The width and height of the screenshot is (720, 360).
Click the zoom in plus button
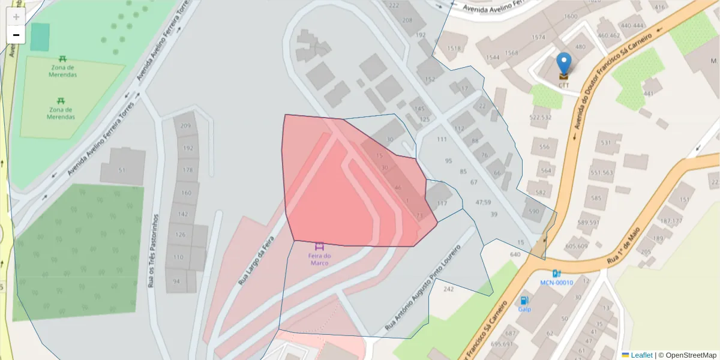[x=16, y=16]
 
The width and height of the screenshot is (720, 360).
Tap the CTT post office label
[x=563, y=85]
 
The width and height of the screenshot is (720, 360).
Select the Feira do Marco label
[x=319, y=259]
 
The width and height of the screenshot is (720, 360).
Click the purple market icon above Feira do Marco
[x=319, y=246]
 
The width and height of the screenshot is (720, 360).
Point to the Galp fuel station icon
[x=524, y=301]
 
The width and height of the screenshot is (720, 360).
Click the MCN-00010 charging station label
[x=556, y=283]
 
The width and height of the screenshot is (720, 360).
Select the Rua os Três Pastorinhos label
[x=153, y=251]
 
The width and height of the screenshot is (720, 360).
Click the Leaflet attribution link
[x=641, y=355]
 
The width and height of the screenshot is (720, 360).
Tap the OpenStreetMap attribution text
[x=687, y=355]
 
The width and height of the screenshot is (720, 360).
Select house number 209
[x=185, y=126]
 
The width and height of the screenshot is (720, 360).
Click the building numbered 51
[x=122, y=170]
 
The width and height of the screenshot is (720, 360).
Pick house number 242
[x=448, y=289]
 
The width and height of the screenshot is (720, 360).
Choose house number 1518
[x=454, y=49]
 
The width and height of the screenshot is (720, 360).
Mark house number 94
[x=176, y=281]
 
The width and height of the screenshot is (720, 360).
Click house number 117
[x=442, y=203]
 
